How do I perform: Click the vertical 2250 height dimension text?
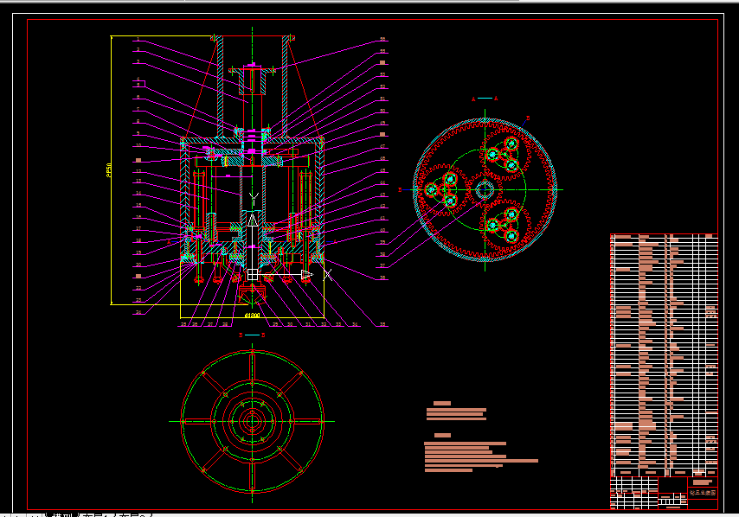click(108, 170)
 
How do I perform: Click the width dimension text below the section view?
click(252, 316)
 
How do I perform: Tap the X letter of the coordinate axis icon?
click(328, 275)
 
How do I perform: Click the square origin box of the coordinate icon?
click(253, 274)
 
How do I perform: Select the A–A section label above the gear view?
click(485, 99)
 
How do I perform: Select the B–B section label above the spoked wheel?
click(252, 333)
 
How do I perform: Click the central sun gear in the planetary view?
click(485, 189)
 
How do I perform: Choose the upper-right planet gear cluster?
click(504, 154)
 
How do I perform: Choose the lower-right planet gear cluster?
click(504, 224)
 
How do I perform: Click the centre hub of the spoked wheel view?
click(252, 422)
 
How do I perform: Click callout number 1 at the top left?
click(138, 39)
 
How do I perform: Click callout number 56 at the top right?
click(382, 39)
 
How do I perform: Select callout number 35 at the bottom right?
click(382, 324)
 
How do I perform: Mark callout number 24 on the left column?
click(138, 312)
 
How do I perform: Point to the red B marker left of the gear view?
click(400, 188)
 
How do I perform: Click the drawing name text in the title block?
click(702, 492)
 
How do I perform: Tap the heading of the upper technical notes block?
click(442, 404)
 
